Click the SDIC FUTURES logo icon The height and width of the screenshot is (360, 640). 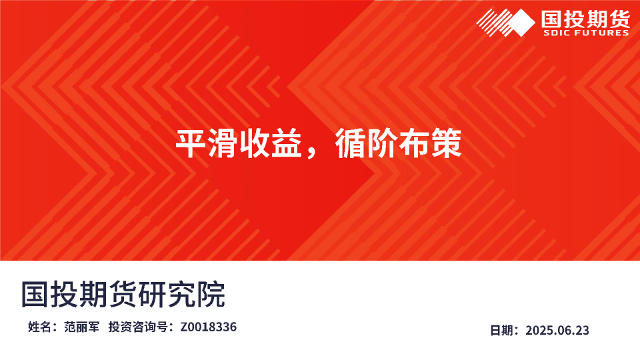505,23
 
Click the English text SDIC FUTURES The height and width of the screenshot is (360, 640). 586,33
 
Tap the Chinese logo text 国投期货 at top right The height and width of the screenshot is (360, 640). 586,17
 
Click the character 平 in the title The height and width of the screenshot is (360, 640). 189,144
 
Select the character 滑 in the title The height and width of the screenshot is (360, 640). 221,144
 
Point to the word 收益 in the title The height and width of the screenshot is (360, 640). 269,144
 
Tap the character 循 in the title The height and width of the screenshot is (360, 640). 349,144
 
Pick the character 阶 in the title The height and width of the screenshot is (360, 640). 382,144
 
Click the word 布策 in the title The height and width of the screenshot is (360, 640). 430,144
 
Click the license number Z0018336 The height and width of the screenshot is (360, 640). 208,327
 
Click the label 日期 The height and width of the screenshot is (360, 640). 501,330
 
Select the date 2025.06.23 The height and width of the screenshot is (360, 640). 557,330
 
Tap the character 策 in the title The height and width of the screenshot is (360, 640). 446,144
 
